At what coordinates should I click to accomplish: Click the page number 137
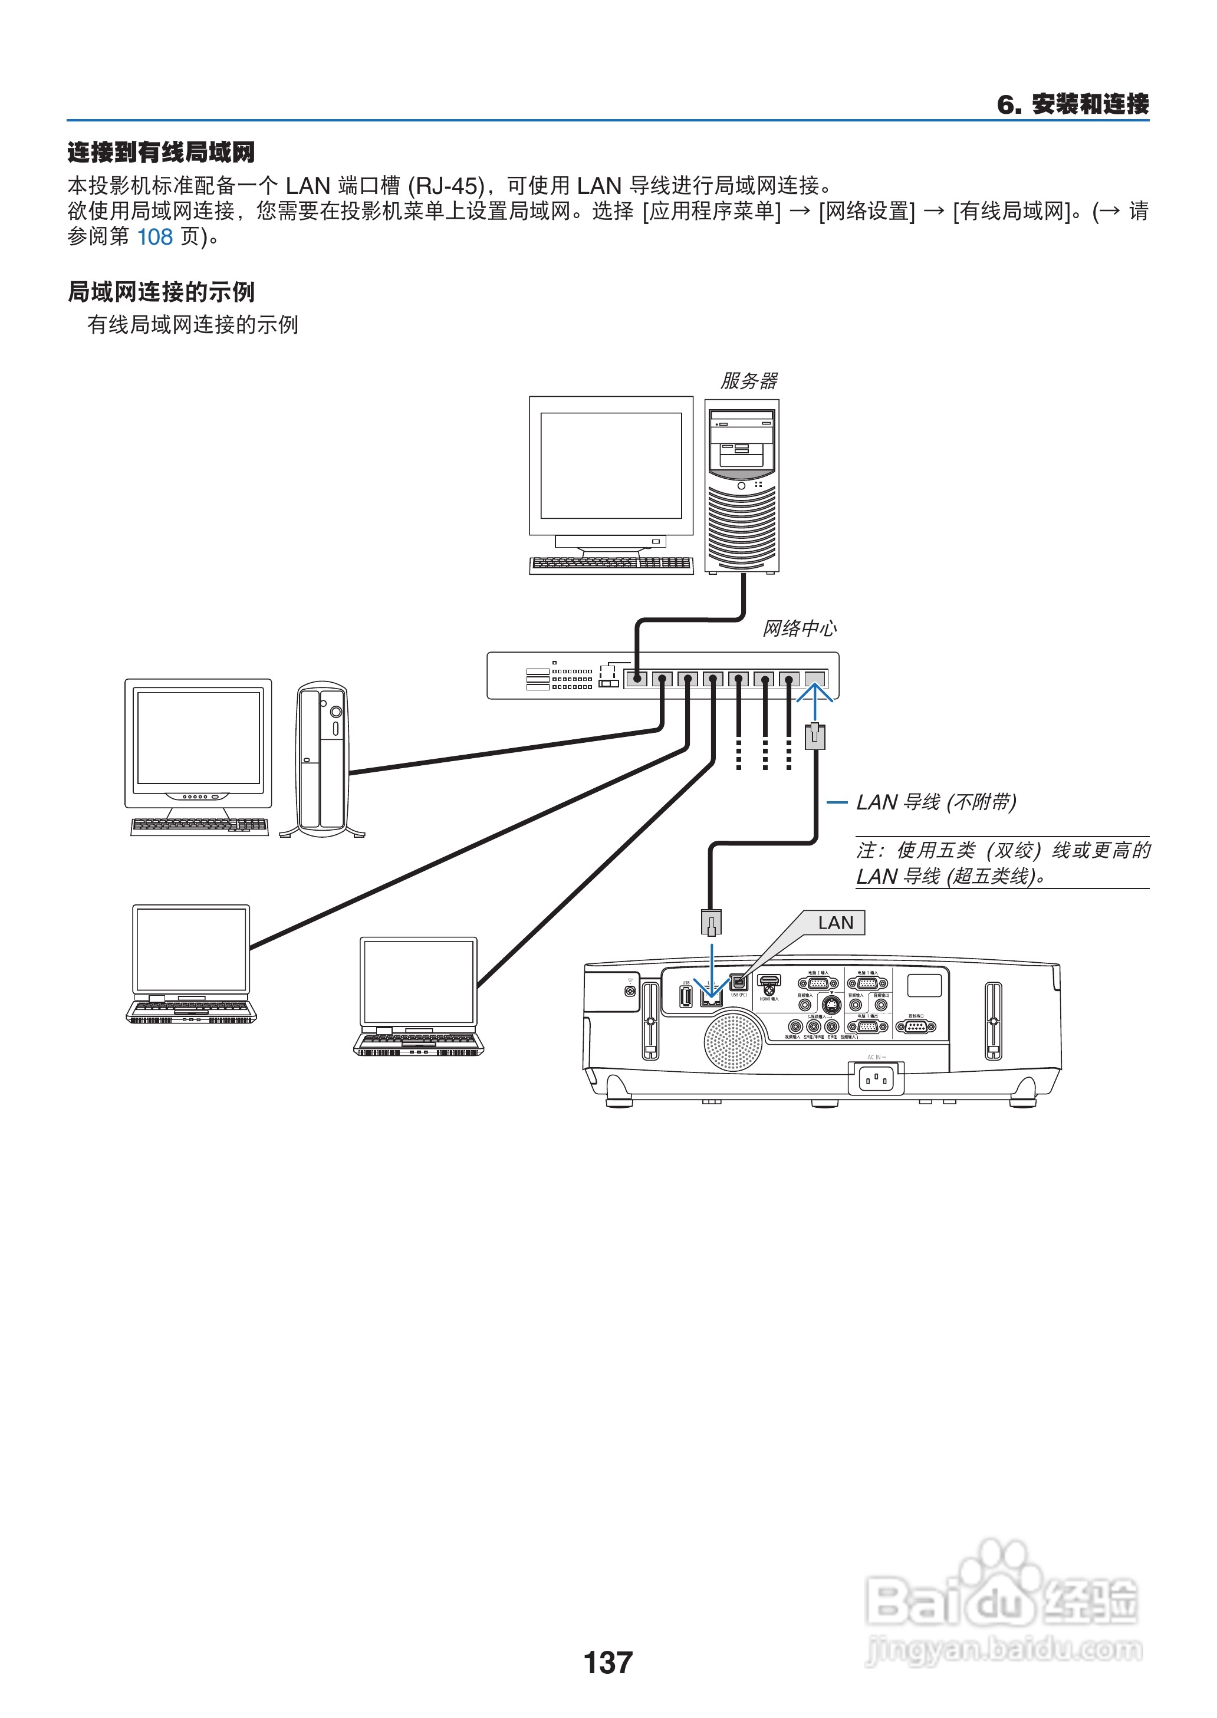[608, 1662]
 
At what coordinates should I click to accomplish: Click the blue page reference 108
[154, 238]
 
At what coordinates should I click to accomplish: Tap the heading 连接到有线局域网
[161, 152]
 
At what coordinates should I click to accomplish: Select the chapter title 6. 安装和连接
[1073, 104]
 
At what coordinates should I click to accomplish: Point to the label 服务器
[749, 381]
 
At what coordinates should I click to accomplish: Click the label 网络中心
[799, 628]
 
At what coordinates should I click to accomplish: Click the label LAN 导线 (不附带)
[936, 802]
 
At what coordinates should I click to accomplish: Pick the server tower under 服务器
[741, 487]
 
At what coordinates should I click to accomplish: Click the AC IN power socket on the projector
[875, 1079]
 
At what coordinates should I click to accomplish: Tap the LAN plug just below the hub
[815, 736]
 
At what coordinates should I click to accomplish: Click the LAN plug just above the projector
[711, 922]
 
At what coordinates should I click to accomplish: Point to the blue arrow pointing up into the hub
[815, 700]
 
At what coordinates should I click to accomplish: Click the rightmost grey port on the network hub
[815, 679]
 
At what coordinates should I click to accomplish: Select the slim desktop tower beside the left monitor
[323, 759]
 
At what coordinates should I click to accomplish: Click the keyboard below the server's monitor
[611, 564]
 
